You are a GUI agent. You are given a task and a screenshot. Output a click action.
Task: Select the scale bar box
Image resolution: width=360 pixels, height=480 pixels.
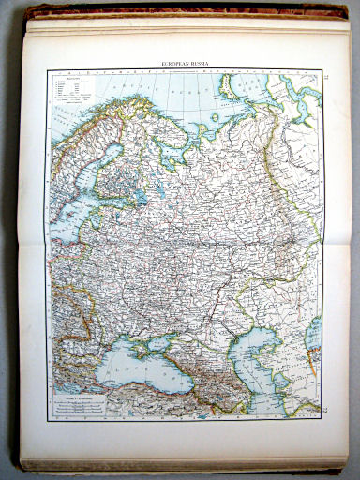click(x=84, y=404)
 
